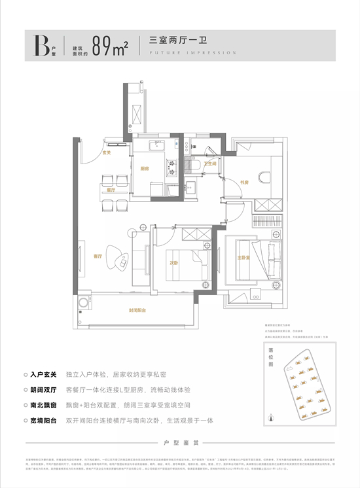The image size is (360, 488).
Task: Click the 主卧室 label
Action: pos(244,258)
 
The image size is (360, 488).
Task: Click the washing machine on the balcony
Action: pos(84,304)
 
